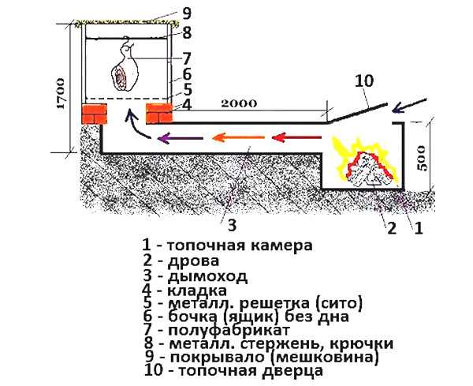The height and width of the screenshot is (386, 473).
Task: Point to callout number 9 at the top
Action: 187,13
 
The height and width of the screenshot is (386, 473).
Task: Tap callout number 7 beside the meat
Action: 187,57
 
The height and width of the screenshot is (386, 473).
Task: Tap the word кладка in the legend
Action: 198,292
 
